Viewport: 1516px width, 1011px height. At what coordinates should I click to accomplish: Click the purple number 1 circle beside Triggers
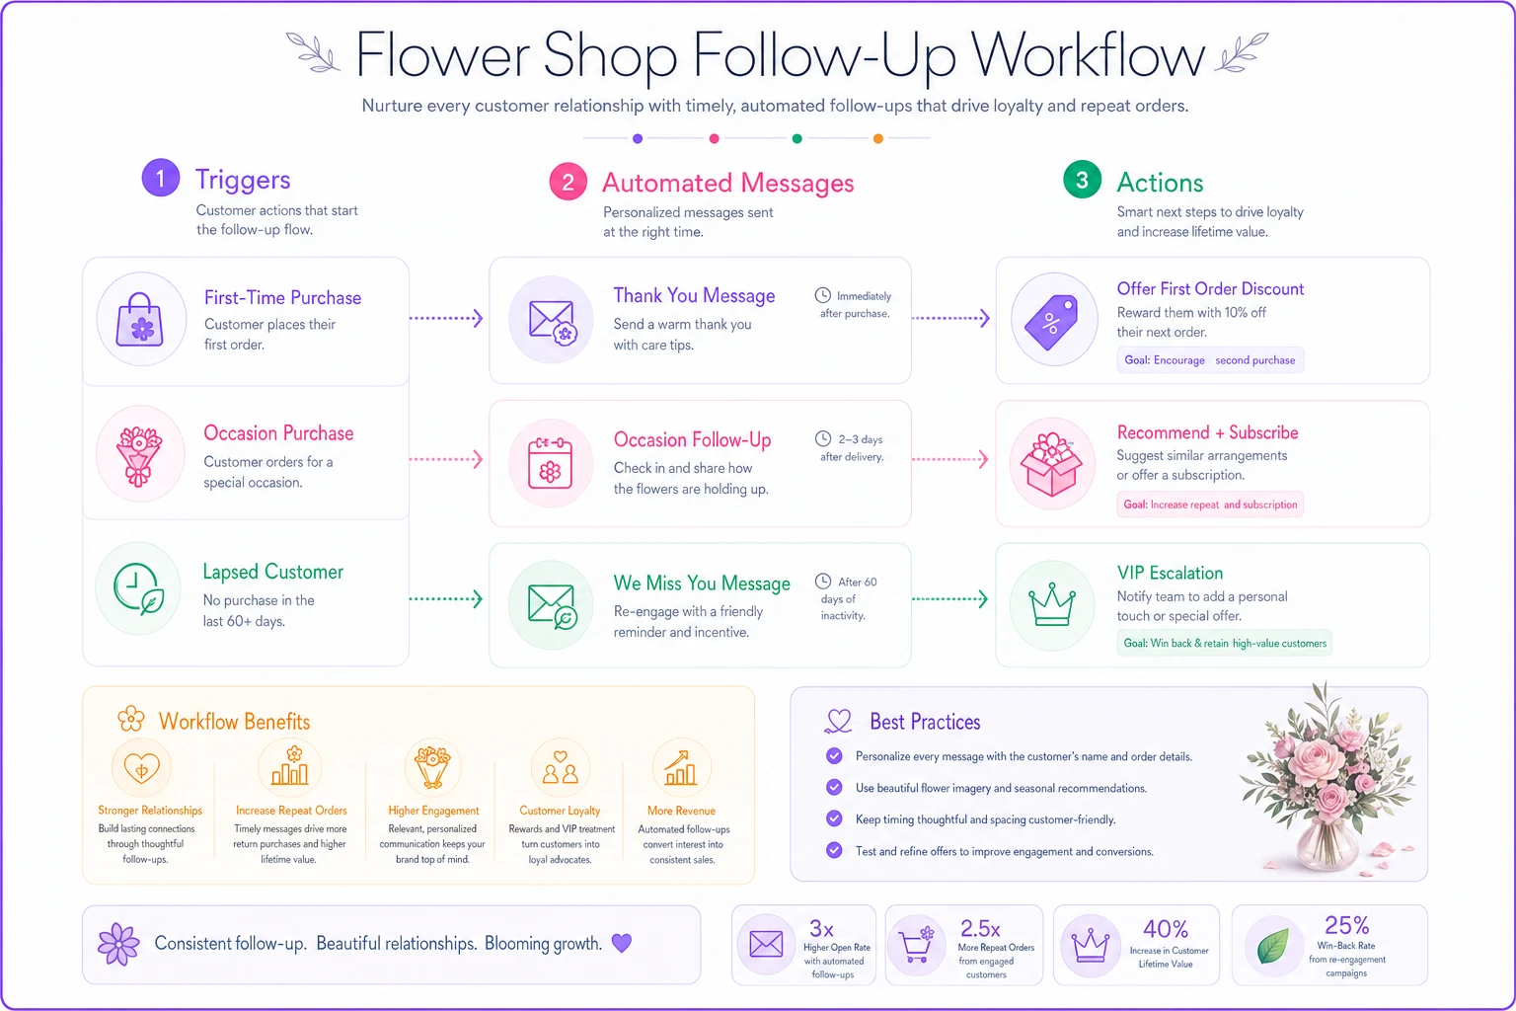[x=161, y=178]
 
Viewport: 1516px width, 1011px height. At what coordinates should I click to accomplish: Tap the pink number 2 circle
[x=568, y=182]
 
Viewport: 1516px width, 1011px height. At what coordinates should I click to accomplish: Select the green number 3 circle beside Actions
[x=1082, y=180]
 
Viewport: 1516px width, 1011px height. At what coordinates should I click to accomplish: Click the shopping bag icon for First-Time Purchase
[x=140, y=320]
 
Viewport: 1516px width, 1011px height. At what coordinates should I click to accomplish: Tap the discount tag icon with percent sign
[x=1051, y=322]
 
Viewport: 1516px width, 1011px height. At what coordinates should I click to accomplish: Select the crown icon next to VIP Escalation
[x=1052, y=604]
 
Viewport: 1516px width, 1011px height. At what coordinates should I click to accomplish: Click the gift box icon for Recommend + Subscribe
[x=1052, y=465]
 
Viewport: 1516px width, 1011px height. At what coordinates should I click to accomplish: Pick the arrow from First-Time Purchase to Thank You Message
[x=447, y=318]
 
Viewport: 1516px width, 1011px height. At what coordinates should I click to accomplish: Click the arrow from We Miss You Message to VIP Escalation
[x=950, y=598]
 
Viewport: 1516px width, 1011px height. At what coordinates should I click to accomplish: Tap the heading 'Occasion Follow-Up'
[x=692, y=439]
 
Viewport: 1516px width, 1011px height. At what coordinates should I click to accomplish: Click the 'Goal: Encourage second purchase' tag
[x=1209, y=360]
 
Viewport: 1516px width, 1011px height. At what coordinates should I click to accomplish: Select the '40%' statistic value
[x=1166, y=928]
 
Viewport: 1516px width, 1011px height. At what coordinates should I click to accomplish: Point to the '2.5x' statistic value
[x=980, y=928]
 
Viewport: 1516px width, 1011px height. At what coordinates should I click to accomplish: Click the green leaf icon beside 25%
[x=1273, y=946]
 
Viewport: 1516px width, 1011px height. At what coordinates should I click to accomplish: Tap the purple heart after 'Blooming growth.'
[x=621, y=943]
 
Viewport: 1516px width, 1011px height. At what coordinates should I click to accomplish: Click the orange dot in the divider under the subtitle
[x=877, y=138]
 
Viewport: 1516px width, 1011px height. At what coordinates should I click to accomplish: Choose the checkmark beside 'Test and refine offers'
[x=834, y=850]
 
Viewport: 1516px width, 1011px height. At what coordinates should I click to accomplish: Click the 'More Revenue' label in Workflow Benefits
[x=681, y=811]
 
